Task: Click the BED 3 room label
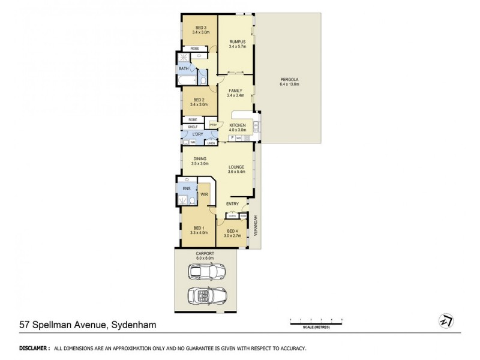200,27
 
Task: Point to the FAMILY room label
235,90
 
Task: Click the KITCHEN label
237,125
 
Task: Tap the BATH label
183,68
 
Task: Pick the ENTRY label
233,204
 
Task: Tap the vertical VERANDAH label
256,224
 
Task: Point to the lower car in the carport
205,295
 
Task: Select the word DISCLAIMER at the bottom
34,348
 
